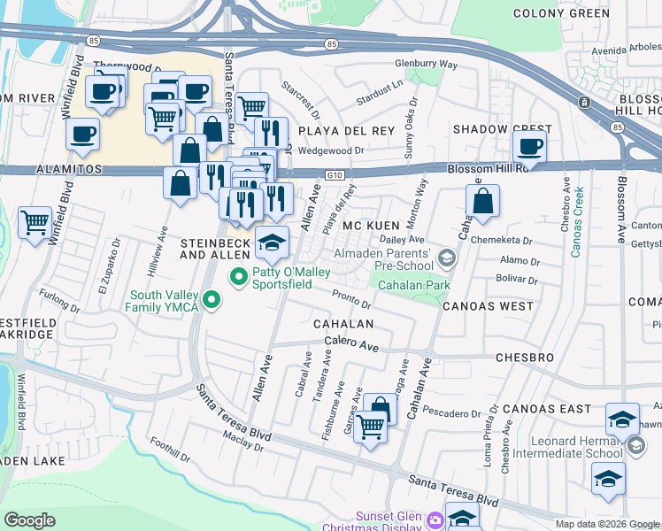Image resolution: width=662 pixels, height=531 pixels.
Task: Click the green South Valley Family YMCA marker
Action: (211, 301)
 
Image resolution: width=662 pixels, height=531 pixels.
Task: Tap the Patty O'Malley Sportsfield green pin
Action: (238, 278)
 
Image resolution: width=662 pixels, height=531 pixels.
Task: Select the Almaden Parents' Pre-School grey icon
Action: (446, 258)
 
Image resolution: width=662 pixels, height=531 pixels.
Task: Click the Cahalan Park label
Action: (414, 285)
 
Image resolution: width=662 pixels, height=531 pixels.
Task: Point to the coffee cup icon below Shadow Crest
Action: (529, 146)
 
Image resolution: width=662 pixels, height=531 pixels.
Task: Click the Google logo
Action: (29, 519)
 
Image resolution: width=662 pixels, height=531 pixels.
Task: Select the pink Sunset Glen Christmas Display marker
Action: (435, 519)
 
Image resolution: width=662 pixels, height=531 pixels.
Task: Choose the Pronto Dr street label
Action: (351, 299)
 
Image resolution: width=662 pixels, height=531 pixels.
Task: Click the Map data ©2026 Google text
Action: (606, 524)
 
